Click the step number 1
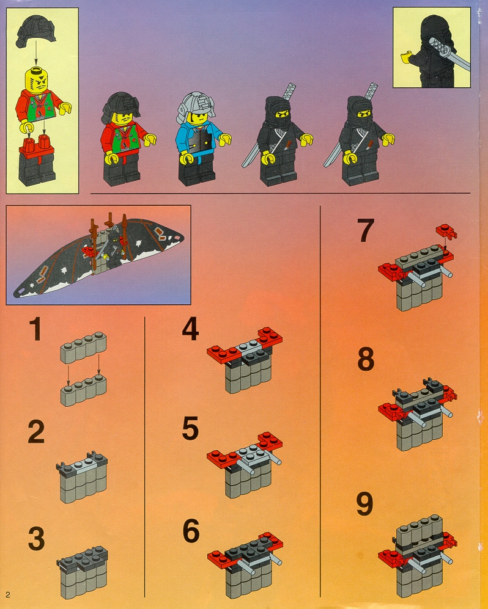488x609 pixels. (x=35, y=329)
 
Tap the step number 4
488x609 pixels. (x=191, y=329)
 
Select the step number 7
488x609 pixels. (x=366, y=230)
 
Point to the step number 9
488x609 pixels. (x=364, y=503)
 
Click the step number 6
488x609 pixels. (x=191, y=531)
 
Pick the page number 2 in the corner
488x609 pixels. (x=8, y=595)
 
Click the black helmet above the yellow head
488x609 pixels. (x=35, y=31)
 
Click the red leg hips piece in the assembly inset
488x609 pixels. (x=35, y=146)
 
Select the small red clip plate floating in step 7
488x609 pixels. (x=446, y=232)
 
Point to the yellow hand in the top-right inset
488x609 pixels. (x=406, y=57)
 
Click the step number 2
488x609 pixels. (x=36, y=432)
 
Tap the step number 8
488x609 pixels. (x=366, y=359)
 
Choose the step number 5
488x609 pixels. (x=191, y=428)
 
